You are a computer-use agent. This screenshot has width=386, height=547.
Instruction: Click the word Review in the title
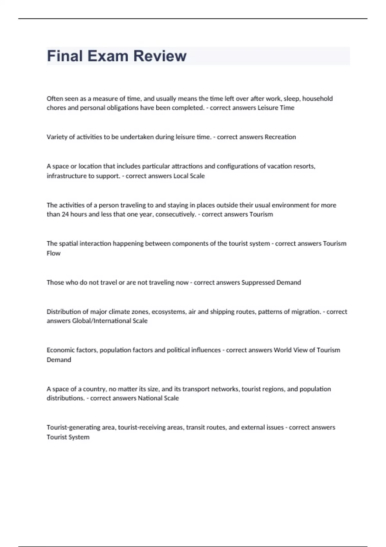pos(160,56)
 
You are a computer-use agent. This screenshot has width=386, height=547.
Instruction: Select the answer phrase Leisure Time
pos(276,108)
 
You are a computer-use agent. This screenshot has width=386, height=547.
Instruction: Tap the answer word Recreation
pos(280,137)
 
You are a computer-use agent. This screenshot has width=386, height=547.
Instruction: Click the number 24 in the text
pos(65,214)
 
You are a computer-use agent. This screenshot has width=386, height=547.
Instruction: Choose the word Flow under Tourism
pos(53,253)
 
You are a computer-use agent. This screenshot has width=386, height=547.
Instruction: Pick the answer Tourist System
pos(68,437)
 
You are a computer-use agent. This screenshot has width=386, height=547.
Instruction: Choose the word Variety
pos(57,137)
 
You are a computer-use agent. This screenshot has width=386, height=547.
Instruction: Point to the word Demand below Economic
pos(59,360)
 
